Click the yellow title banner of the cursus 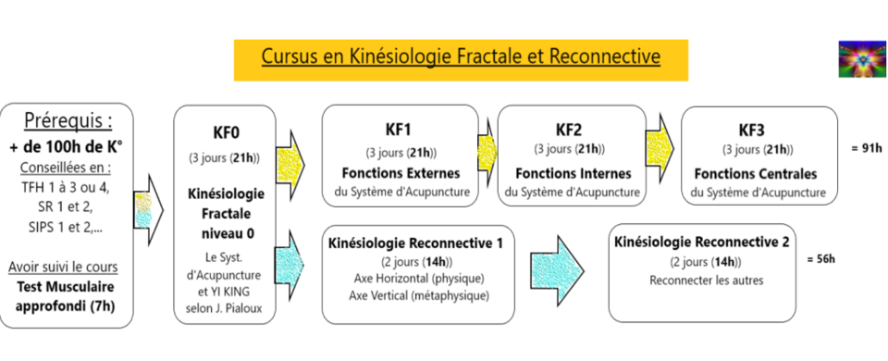pyautogui.click(x=460, y=57)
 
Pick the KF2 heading pyautogui.click(x=570, y=129)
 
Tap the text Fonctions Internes pyautogui.click(x=573, y=173)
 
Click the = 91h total pyautogui.click(x=866, y=146)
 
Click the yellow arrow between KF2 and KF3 pyautogui.click(x=661, y=141)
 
